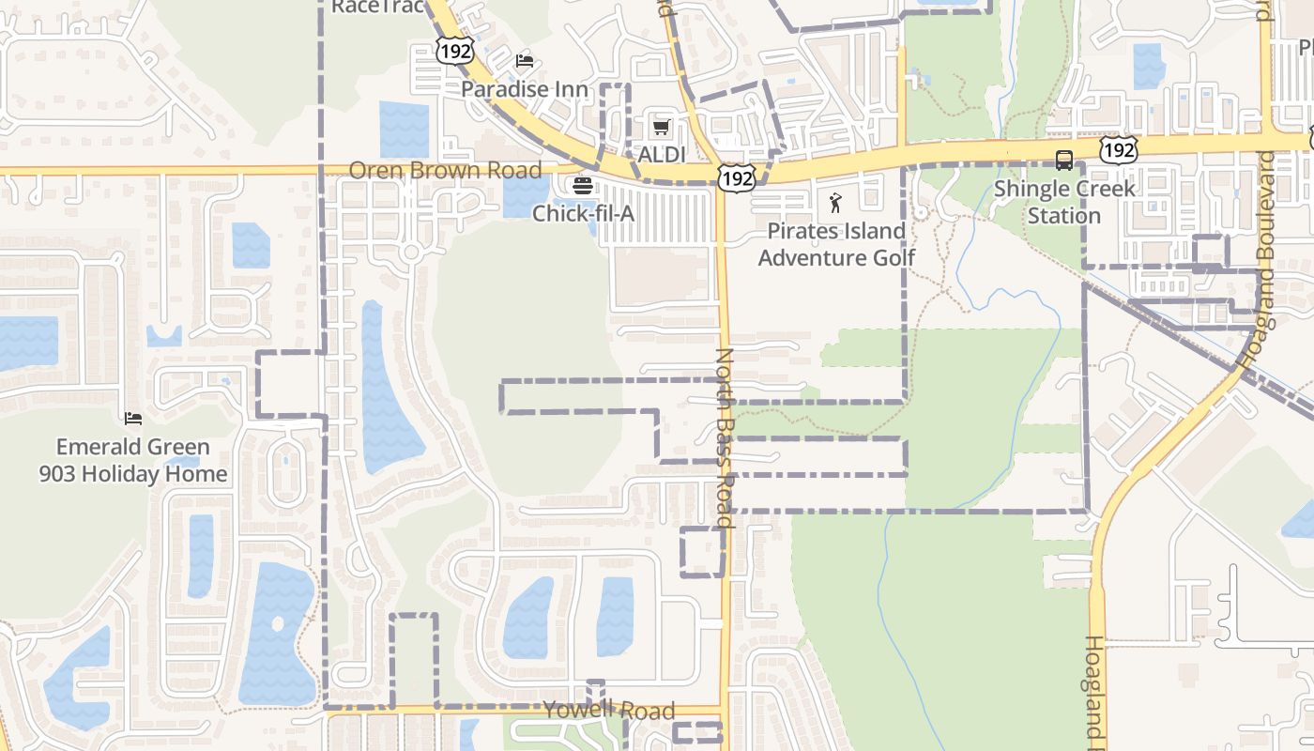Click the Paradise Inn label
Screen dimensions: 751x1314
525,89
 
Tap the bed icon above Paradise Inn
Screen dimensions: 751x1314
525,61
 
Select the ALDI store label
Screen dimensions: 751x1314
663,155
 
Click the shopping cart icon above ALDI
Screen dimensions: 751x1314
662,127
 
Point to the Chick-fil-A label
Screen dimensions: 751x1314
583,214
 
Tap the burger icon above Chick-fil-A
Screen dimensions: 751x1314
583,186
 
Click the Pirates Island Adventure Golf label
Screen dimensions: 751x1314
836,244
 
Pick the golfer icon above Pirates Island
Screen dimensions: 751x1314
835,202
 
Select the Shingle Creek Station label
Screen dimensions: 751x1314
1064,202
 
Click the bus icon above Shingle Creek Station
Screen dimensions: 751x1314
1064,161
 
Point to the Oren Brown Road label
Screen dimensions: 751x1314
445,171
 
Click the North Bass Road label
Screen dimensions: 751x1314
725,437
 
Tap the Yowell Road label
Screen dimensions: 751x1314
609,711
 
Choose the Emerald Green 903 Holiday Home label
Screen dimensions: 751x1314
133,460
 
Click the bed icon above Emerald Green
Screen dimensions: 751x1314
133,418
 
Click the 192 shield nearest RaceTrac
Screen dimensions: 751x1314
455,51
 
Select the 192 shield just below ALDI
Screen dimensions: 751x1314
737,177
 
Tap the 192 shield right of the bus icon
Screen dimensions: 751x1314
1121,148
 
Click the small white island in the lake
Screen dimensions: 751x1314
277,623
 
